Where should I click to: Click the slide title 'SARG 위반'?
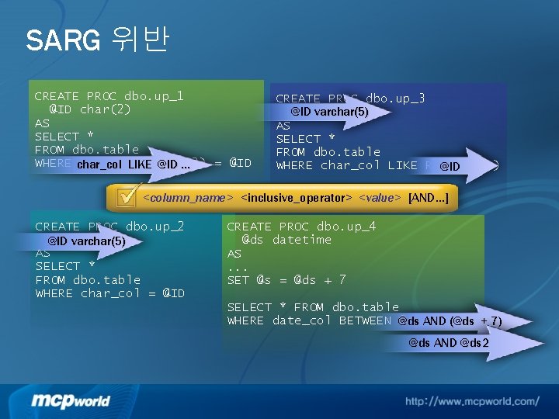[x=96, y=40]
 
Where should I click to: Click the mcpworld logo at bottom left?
[x=71, y=400]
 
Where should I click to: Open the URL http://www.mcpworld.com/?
[x=471, y=401]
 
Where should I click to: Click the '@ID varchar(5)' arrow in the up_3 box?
[x=330, y=112]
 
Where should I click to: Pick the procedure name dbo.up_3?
[x=395, y=99]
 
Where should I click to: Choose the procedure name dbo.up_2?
[x=154, y=227]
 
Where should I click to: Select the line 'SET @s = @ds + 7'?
[x=286, y=280]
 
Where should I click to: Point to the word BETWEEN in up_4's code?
[x=364, y=320]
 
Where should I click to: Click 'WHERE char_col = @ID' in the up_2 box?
[x=110, y=293]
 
